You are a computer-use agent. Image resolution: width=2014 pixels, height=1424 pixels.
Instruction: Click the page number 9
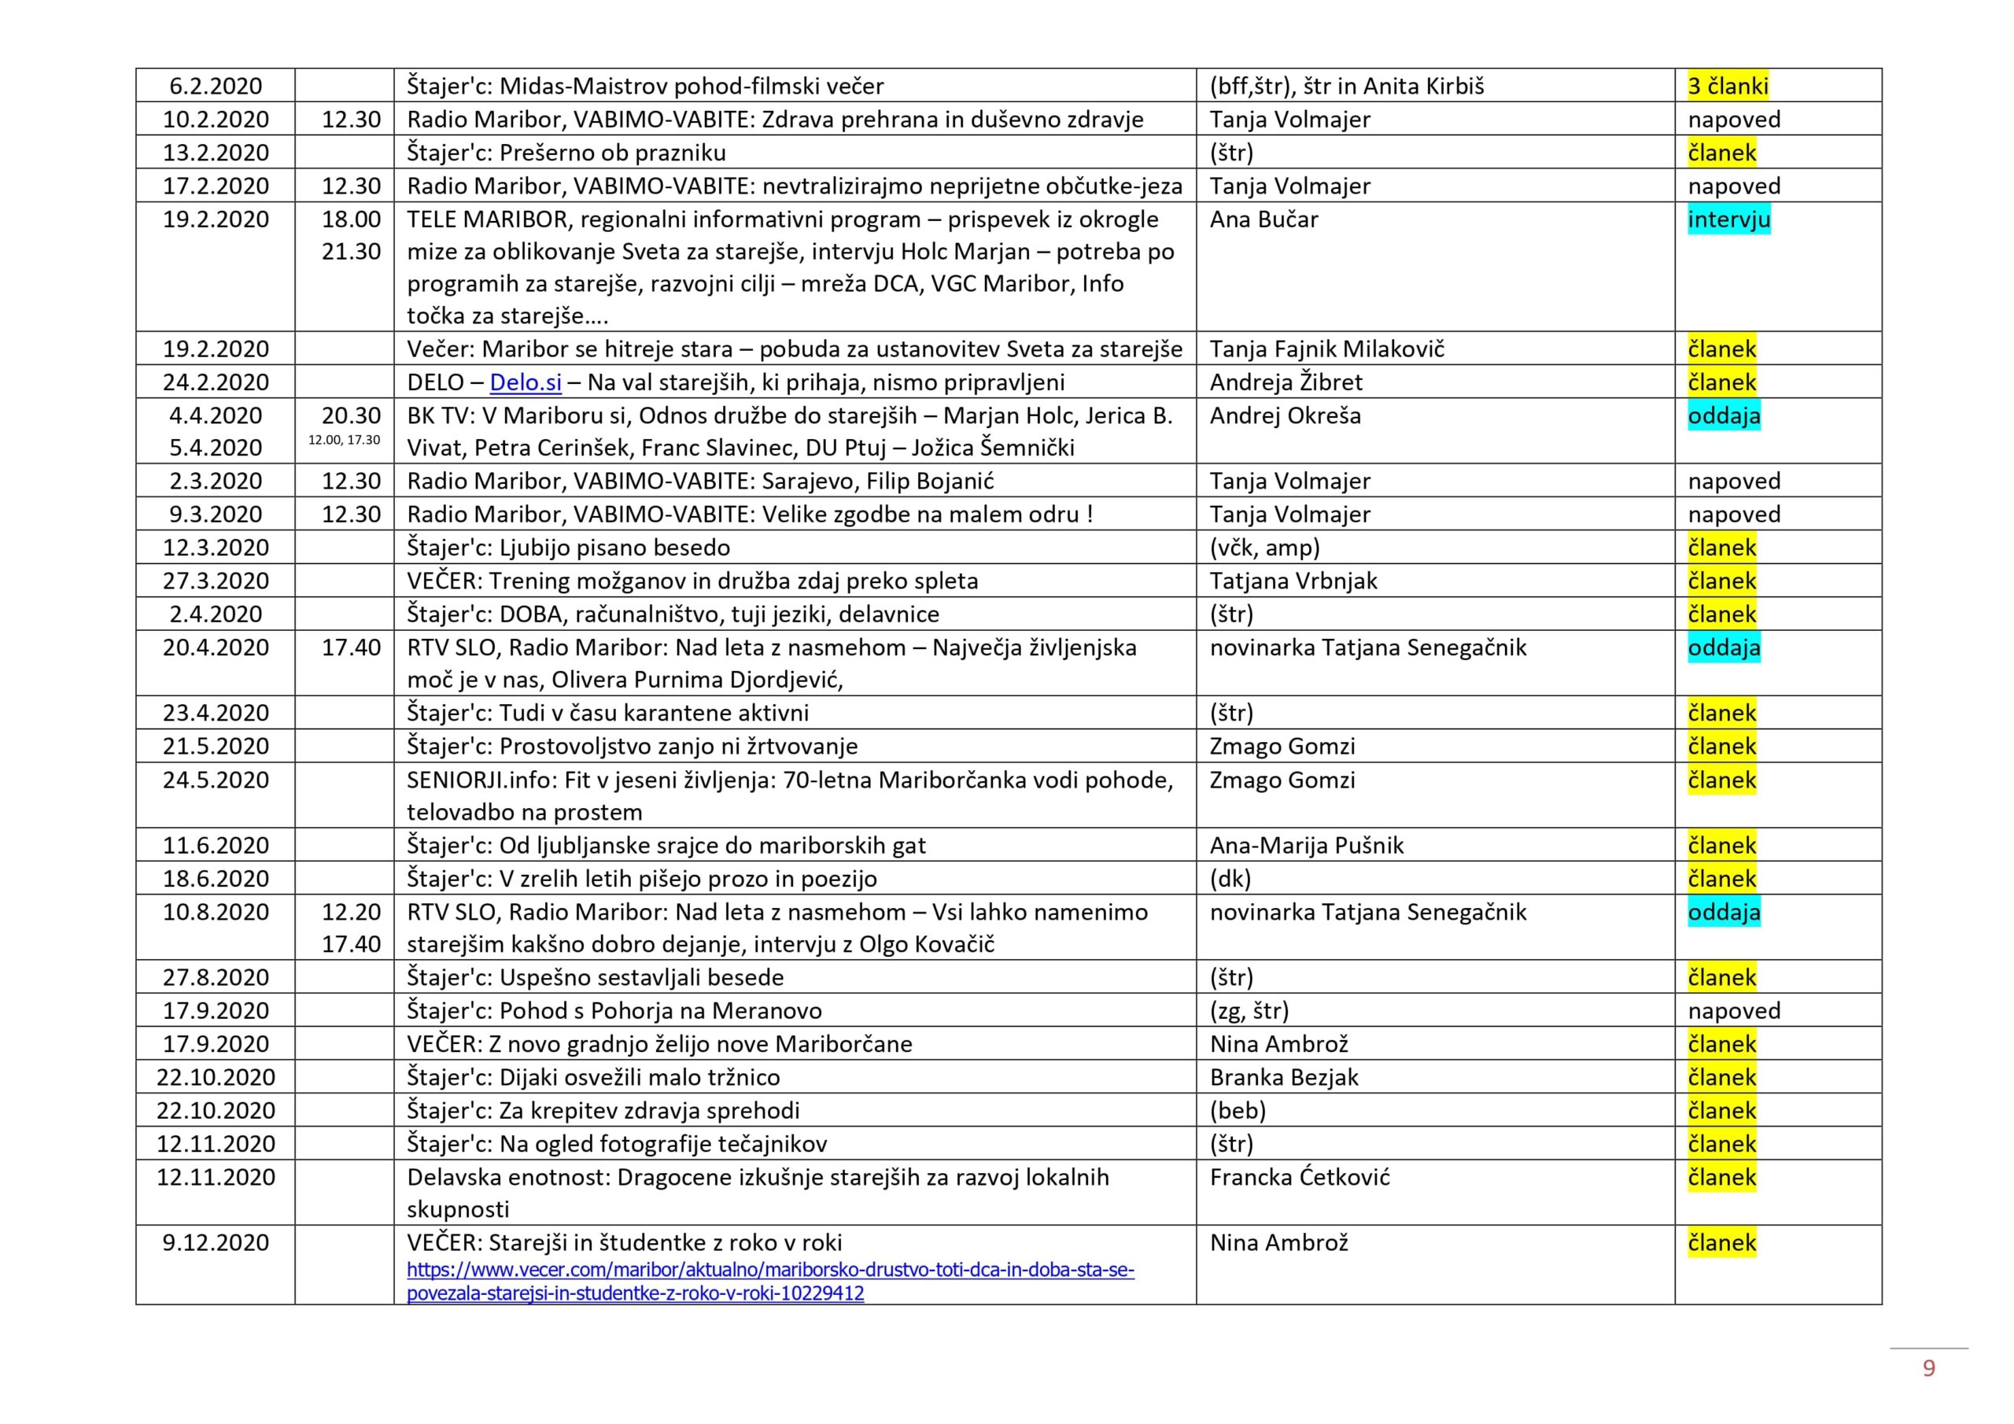point(1928,1369)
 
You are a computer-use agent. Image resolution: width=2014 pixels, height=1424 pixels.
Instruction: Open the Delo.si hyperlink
point(526,382)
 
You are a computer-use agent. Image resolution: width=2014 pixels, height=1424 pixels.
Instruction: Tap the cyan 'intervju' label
point(1728,220)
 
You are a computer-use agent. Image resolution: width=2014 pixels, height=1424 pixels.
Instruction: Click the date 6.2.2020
point(216,86)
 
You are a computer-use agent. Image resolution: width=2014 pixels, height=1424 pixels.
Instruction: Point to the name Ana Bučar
point(1263,220)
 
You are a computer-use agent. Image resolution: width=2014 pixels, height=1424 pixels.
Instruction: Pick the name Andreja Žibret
point(1286,382)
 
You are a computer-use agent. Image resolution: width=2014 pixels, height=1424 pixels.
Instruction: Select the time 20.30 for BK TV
point(351,416)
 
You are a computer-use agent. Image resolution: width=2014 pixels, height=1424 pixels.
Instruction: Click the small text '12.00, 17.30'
point(344,441)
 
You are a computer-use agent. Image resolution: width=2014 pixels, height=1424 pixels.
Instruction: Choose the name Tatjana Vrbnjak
point(1293,581)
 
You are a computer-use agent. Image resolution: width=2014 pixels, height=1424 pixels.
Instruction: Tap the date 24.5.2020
point(216,780)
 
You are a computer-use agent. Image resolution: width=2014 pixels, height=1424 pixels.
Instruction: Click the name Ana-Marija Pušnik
point(1306,846)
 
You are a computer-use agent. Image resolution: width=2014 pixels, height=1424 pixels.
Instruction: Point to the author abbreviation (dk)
point(1230,879)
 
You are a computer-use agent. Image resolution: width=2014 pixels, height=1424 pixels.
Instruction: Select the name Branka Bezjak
point(1283,1077)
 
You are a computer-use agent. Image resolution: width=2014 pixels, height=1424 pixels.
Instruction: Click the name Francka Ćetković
point(1299,1178)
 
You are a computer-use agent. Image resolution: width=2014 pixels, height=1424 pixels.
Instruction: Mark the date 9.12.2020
point(216,1243)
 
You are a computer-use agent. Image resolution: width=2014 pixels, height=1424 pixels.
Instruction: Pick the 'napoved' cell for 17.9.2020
point(1733,1011)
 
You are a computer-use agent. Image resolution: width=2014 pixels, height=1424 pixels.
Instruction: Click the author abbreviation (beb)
point(1237,1111)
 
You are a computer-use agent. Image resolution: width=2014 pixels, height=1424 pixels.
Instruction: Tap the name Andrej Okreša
point(1285,416)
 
